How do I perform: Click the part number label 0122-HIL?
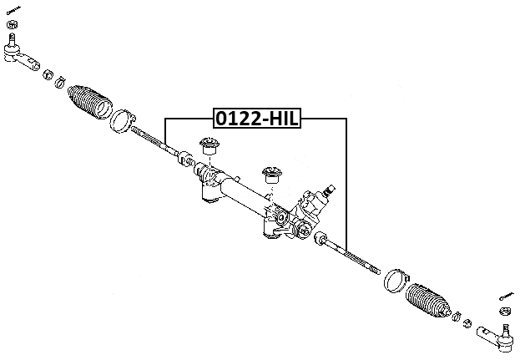click(x=256, y=119)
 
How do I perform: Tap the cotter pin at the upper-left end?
click(x=14, y=12)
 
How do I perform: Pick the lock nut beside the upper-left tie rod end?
click(x=47, y=73)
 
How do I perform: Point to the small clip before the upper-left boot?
click(x=60, y=81)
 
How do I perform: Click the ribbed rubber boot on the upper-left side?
click(x=89, y=104)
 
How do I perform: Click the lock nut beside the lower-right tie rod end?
click(x=468, y=324)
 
